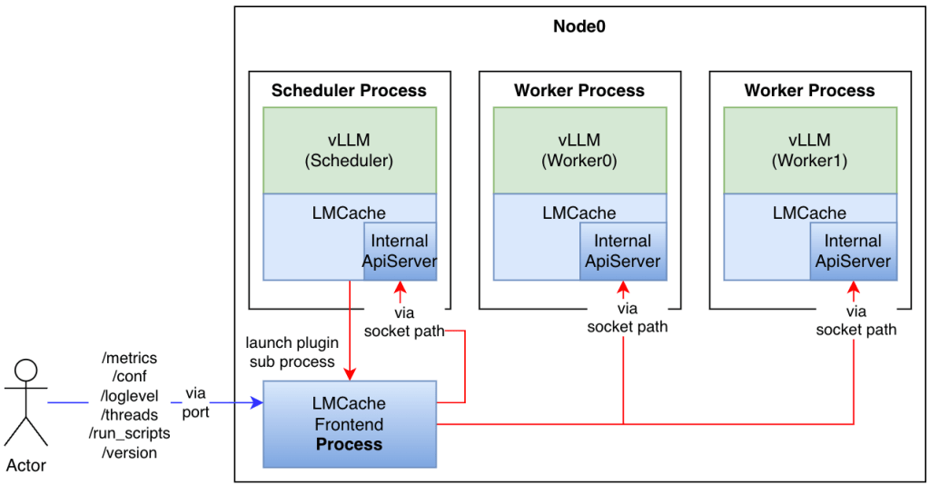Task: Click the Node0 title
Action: (x=579, y=26)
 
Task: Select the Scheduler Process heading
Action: (x=349, y=90)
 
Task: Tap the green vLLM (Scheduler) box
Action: (x=349, y=150)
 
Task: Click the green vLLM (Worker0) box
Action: (x=579, y=150)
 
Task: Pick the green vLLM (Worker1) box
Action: (x=809, y=150)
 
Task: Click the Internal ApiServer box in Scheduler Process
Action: (x=400, y=252)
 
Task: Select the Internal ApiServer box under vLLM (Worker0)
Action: (x=622, y=252)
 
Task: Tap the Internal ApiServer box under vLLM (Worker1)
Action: (x=853, y=252)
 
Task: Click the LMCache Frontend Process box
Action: (x=349, y=424)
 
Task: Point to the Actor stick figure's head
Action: (x=26, y=371)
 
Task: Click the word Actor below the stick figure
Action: (x=26, y=466)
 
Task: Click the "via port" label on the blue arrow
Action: (x=195, y=402)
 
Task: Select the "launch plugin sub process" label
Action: (x=292, y=352)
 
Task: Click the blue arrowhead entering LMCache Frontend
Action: (x=257, y=402)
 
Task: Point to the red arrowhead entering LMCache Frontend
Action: (x=350, y=376)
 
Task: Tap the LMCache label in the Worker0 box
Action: (x=579, y=213)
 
